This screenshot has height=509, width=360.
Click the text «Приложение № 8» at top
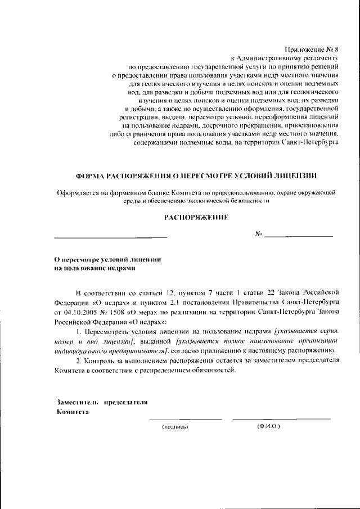coord(313,49)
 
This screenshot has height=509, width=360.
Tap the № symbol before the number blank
coord(259,234)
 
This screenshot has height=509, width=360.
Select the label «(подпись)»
coord(174,427)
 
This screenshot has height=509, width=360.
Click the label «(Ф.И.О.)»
coord(268,427)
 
